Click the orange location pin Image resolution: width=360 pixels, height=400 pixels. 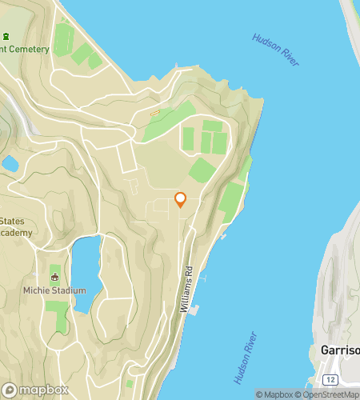coord(180,199)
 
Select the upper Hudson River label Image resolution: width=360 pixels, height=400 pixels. coord(276,50)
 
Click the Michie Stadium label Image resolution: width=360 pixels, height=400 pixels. coord(54,290)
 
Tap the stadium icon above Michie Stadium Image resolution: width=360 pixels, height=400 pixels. coord(54,277)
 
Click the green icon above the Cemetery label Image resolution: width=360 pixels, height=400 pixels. coord(6,36)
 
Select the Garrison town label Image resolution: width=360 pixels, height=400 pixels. coord(339,350)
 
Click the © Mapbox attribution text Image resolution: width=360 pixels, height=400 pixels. coord(274,394)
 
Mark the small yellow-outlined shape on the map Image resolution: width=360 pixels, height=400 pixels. coord(155,112)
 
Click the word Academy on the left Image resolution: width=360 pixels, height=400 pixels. coord(16,233)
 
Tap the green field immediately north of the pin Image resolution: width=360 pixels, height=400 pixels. coord(202,170)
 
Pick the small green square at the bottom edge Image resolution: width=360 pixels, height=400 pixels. coord(130,384)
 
